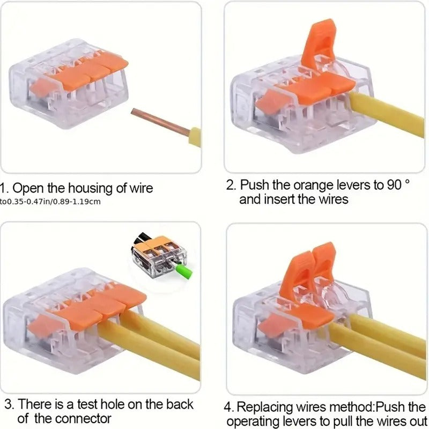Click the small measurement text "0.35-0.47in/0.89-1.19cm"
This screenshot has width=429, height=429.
tap(54, 202)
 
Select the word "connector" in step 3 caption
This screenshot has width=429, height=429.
tap(81, 418)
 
